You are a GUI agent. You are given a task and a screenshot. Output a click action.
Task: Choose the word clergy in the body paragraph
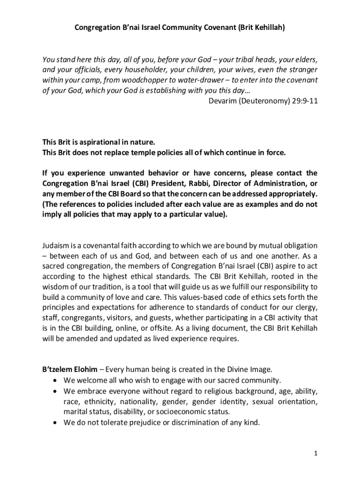[x=306, y=307]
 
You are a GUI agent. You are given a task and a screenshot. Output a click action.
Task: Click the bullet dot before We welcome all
[x=56, y=380]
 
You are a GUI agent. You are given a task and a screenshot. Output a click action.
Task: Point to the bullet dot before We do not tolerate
[x=56, y=422]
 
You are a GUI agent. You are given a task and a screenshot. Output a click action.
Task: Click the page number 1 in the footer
[x=316, y=454]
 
